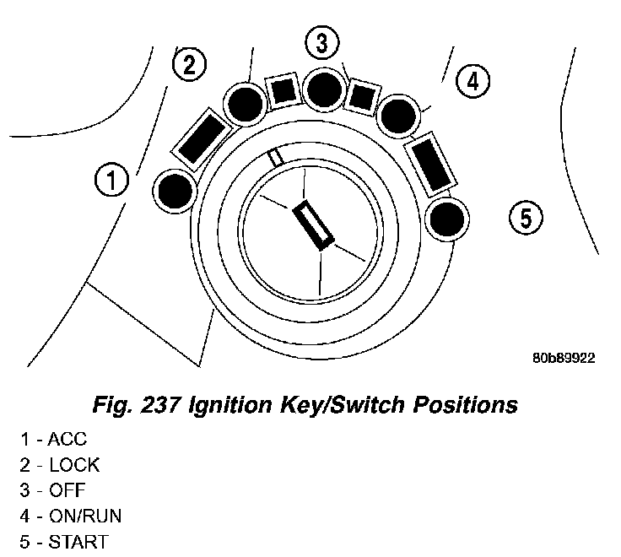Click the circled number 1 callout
(x=111, y=180)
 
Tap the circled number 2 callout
(x=189, y=65)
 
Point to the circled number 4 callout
(x=472, y=81)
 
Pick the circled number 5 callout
(x=526, y=219)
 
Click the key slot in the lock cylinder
(x=313, y=224)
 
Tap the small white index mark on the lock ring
(x=275, y=158)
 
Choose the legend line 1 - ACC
(x=54, y=440)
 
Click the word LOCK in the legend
(x=74, y=465)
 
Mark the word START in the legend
(x=78, y=541)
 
